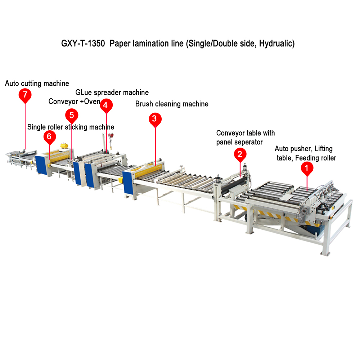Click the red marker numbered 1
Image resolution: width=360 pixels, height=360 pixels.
(307, 167)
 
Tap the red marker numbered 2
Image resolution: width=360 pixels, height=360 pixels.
(240, 154)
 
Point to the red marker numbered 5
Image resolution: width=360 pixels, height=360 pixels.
(72, 115)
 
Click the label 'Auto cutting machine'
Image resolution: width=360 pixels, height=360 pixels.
(37, 84)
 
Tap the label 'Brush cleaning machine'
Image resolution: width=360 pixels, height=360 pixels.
(172, 104)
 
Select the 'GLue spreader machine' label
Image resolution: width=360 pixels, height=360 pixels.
(112, 93)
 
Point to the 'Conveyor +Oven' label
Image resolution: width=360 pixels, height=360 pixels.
(74, 102)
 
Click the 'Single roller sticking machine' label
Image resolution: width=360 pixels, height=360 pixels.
(71, 127)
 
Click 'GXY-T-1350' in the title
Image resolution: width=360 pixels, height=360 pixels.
(83, 44)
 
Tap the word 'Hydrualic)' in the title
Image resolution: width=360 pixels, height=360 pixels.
(277, 44)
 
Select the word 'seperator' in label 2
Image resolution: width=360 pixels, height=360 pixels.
(248, 142)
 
